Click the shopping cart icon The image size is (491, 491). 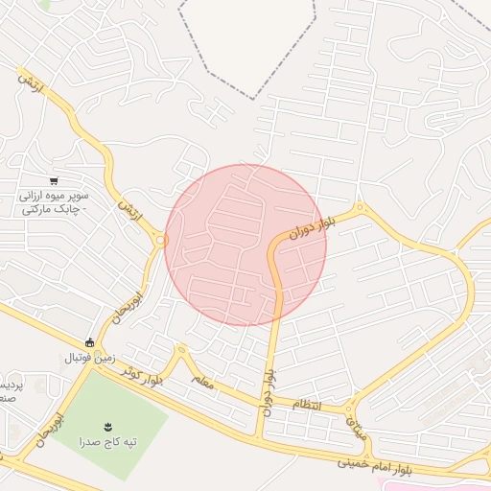click(55, 179)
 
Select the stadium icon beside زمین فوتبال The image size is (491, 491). click(90, 342)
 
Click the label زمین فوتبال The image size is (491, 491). click(89, 358)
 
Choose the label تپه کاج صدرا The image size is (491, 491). click(107, 442)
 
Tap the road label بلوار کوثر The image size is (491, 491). click(144, 375)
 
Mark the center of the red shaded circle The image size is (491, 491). click(245, 245)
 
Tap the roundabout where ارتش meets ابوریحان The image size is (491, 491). click(159, 241)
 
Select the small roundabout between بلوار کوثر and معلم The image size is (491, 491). click(179, 351)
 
